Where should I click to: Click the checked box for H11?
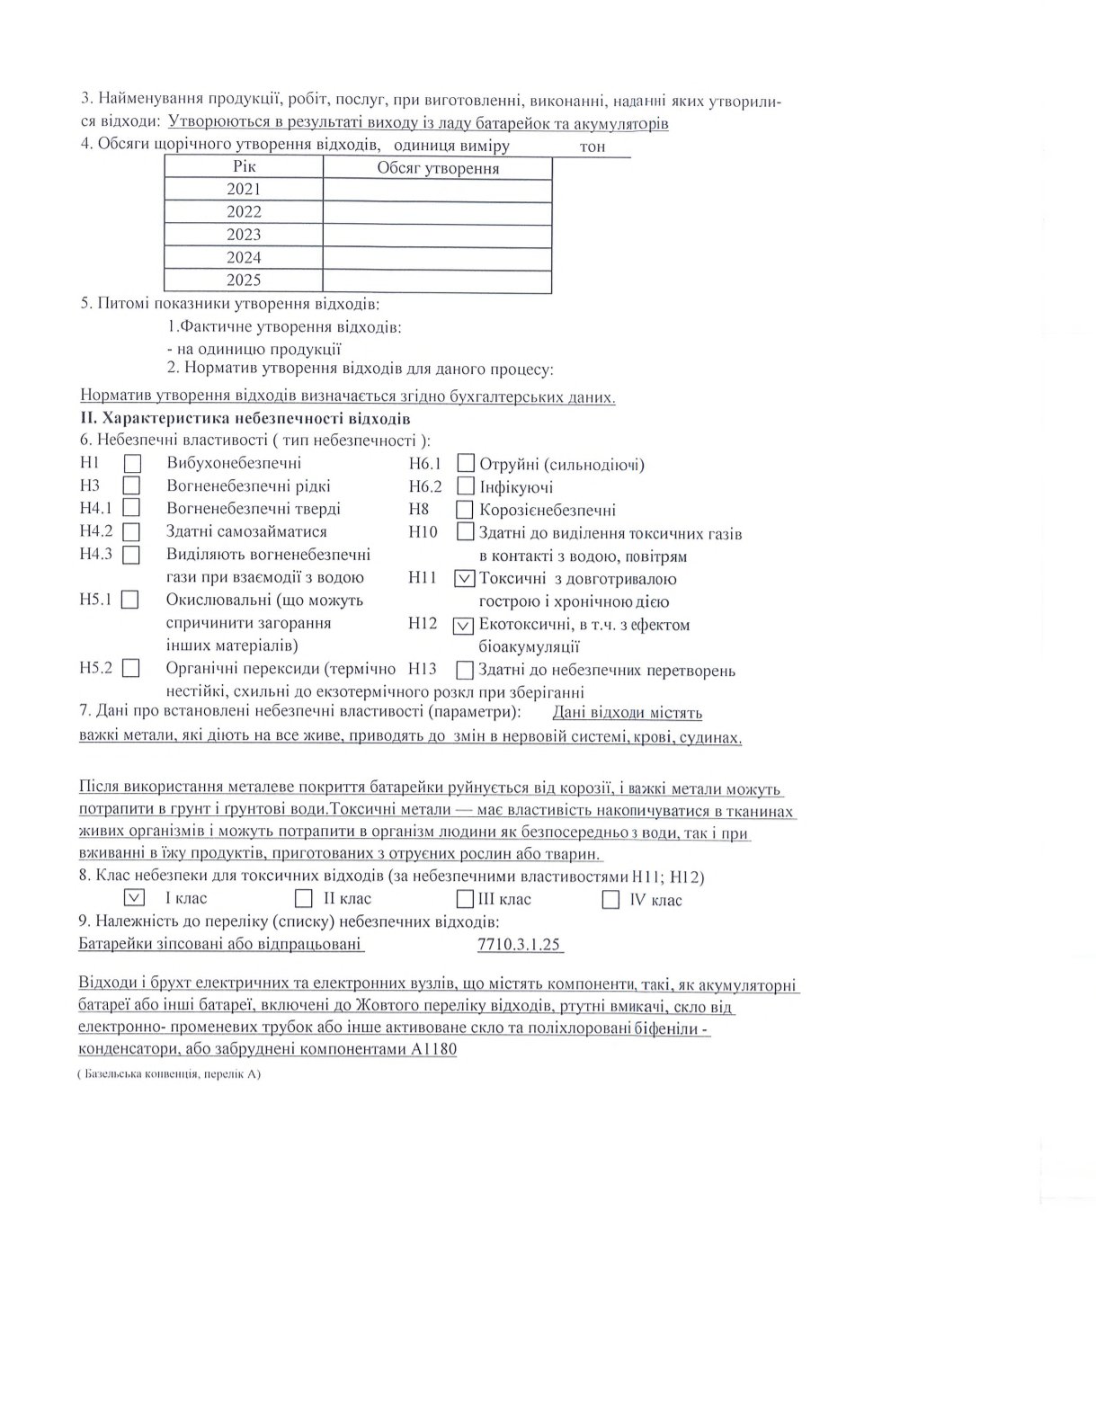[x=466, y=578]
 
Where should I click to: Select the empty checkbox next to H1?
[x=132, y=464]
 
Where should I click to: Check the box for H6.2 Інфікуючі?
[x=466, y=486]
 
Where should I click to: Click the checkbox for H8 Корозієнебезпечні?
[x=465, y=509]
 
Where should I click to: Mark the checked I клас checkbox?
[x=134, y=897]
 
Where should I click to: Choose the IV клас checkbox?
[x=610, y=899]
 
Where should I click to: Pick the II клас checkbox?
[x=304, y=898]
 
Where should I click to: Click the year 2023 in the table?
[x=244, y=235]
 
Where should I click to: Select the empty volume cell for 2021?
[x=437, y=190]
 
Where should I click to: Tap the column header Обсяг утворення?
[x=438, y=168]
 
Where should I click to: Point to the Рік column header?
[x=244, y=167]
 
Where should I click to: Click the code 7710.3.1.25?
[x=521, y=944]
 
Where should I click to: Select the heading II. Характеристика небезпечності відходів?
[x=245, y=419]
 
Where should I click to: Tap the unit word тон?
[x=593, y=147]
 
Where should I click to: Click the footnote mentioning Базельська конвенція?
[x=168, y=1074]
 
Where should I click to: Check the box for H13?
[x=465, y=670]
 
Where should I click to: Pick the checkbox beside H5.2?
[x=131, y=668]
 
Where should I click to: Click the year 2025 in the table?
[x=244, y=280]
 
